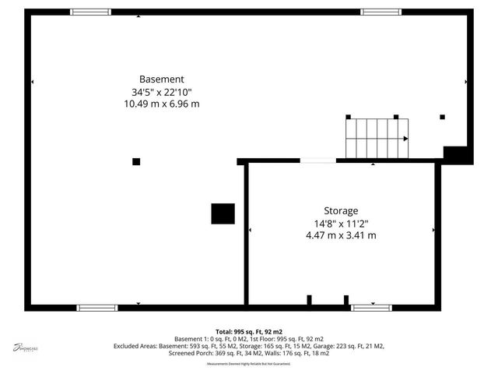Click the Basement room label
(161, 79)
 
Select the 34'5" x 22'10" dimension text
(161, 91)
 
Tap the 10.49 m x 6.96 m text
(161, 104)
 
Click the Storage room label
(341, 210)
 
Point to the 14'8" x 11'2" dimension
(341, 223)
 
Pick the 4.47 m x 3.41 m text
(341, 235)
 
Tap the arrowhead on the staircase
(405, 139)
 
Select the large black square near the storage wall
(223, 213)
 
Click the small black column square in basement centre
(136, 161)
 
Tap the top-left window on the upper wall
(90, 12)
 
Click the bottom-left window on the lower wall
(96, 308)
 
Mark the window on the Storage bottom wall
(371, 308)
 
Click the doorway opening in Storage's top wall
(318, 161)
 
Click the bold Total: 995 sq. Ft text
(249, 331)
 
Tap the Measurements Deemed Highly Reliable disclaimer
(249, 364)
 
